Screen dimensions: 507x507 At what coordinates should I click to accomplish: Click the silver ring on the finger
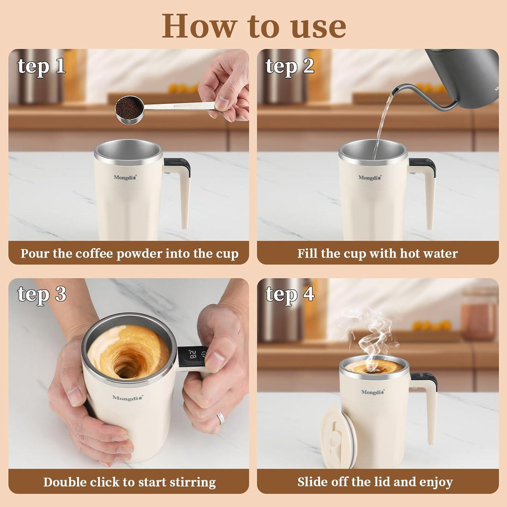click(x=221, y=419)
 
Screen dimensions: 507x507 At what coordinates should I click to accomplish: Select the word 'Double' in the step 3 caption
click(x=65, y=482)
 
